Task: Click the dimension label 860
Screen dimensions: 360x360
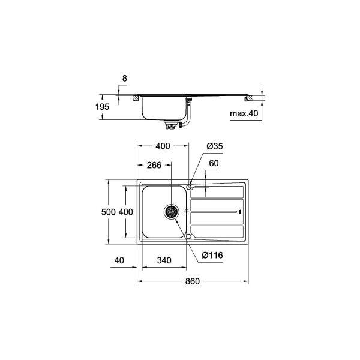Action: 193,282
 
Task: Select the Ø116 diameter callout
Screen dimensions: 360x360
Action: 212,256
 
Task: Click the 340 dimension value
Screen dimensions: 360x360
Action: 164,260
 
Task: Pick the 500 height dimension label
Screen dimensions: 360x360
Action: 109,212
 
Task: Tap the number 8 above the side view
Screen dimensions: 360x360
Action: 124,78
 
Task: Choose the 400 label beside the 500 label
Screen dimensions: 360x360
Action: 125,212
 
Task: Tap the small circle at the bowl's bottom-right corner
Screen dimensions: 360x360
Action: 190,237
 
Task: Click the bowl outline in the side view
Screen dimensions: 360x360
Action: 162,108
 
